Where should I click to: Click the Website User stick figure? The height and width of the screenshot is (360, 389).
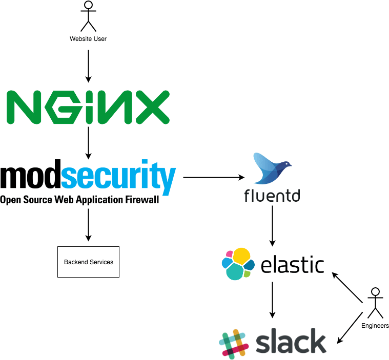tap(89, 16)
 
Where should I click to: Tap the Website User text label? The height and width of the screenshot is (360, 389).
tap(88, 39)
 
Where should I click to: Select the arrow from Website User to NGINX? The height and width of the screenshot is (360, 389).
tap(88, 63)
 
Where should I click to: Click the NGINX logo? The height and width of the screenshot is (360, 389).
tap(88, 107)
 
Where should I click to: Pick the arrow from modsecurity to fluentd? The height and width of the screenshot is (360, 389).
tap(213, 178)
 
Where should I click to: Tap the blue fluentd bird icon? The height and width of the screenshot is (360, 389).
tap(272, 169)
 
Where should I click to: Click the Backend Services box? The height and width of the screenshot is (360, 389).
tap(88, 262)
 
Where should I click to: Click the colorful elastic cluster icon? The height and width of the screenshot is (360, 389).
tap(238, 264)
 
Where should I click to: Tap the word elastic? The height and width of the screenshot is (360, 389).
tap(292, 265)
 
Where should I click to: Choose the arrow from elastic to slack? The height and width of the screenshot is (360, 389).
tap(272, 300)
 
